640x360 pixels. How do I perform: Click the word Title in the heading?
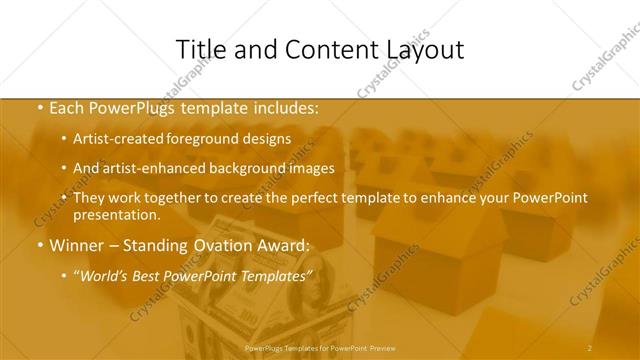pos(199,49)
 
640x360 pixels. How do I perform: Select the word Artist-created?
pos(119,139)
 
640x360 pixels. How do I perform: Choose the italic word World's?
pos(107,274)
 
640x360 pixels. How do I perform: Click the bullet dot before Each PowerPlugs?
pos(39,109)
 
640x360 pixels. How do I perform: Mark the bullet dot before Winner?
pos(39,245)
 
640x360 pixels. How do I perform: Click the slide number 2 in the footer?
pos(590,347)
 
